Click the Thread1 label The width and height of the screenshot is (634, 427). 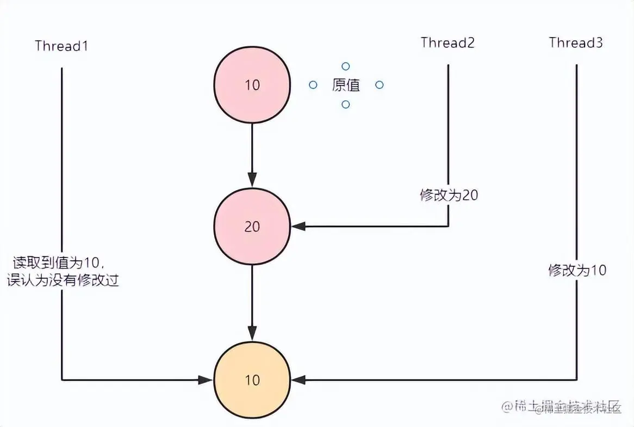[61, 46]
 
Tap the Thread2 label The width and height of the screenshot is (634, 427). [447, 43]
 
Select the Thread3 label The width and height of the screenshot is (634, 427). [576, 43]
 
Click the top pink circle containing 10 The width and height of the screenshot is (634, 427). [252, 85]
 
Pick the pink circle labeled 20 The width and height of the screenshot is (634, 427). [252, 227]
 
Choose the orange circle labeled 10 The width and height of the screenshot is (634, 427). [252, 380]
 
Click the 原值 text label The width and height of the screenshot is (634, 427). [346, 85]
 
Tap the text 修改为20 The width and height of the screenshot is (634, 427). [449, 195]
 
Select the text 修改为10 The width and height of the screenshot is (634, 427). [577, 270]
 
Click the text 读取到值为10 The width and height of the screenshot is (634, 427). [57, 264]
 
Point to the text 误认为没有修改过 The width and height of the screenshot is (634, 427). [63, 281]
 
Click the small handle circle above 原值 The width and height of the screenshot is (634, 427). [346, 66]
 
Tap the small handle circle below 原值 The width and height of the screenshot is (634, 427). [346, 104]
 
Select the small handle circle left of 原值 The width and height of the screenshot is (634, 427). [313, 85]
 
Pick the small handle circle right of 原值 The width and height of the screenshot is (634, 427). [380, 85]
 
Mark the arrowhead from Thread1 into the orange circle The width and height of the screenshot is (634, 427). [205, 380]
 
